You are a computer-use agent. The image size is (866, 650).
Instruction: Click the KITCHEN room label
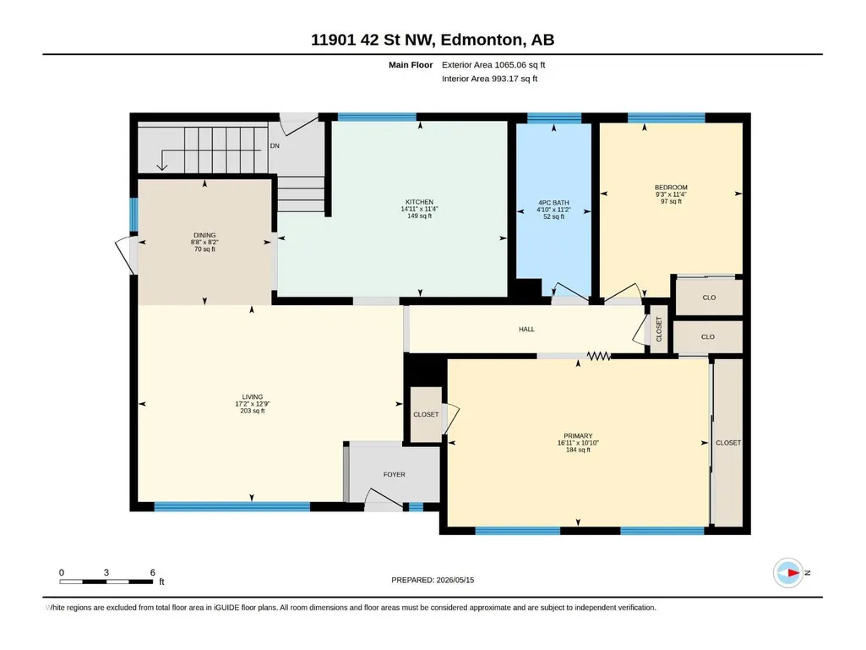click(x=419, y=202)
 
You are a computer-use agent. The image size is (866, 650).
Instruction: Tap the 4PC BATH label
click(x=553, y=203)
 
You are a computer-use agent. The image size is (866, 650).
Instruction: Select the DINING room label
click(x=204, y=235)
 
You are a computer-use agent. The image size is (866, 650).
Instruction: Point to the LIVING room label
click(x=253, y=397)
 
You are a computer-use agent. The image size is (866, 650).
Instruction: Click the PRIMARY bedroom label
click(x=578, y=435)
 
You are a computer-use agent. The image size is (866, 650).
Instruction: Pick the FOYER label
click(x=395, y=474)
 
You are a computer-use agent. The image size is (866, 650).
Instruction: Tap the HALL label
click(x=526, y=329)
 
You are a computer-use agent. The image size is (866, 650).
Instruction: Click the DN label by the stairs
click(x=275, y=146)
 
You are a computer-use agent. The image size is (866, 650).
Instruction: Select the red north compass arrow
click(x=793, y=572)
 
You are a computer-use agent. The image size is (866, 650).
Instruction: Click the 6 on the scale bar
click(x=153, y=572)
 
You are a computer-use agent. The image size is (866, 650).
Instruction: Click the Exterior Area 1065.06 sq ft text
click(x=493, y=65)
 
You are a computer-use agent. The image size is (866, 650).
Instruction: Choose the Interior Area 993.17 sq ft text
click(x=489, y=79)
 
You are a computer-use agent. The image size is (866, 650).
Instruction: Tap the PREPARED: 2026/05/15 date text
click(x=433, y=580)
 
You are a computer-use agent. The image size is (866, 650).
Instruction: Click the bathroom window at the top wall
click(x=554, y=117)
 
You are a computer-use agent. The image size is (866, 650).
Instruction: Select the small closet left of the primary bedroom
click(x=426, y=414)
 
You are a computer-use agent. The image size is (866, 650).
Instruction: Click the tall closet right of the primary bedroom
click(x=728, y=443)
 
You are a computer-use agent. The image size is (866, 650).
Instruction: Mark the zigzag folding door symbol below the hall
click(x=599, y=357)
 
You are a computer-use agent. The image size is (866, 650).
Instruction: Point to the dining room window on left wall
click(x=133, y=215)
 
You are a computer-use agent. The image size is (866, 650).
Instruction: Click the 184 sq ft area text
click(x=578, y=450)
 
